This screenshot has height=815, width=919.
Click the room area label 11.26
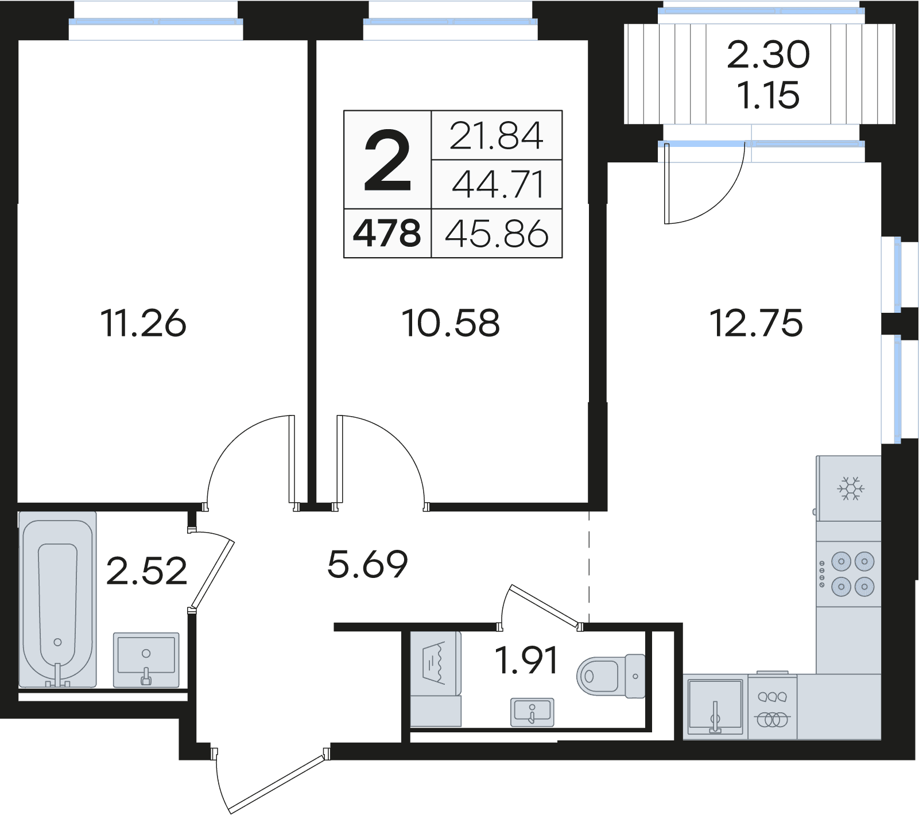click(x=143, y=323)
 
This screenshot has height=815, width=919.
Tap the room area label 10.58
click(x=451, y=323)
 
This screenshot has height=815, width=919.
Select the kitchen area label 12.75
click(x=756, y=323)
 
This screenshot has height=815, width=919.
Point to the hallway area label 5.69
click(x=367, y=564)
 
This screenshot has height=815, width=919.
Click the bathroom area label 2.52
click(x=147, y=571)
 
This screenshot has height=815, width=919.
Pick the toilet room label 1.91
click(x=526, y=661)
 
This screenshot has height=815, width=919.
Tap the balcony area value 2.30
click(x=768, y=55)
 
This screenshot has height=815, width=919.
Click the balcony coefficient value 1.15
click(x=768, y=95)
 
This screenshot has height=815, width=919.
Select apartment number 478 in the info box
click(x=387, y=234)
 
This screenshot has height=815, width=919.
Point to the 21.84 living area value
click(x=496, y=136)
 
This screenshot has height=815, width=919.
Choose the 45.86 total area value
click(x=497, y=234)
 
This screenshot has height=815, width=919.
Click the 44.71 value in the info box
click(x=497, y=185)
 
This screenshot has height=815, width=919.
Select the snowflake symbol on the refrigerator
click(x=851, y=488)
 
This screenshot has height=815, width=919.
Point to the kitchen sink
click(x=715, y=706)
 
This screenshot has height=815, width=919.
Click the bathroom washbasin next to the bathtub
click(x=146, y=659)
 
